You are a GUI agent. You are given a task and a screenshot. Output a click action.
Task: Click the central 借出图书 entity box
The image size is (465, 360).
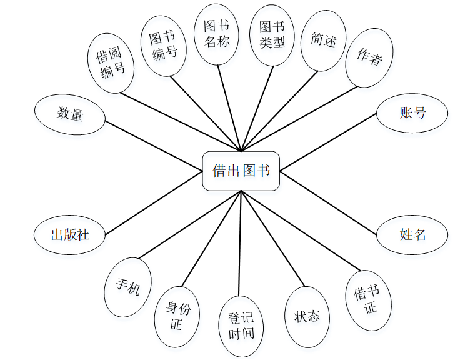241,171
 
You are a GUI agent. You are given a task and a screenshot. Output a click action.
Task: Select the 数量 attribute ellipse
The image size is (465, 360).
70,114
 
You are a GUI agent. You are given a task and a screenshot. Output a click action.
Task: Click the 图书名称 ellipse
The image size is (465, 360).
217,34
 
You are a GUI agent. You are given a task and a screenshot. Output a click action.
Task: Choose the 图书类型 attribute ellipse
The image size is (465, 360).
272,34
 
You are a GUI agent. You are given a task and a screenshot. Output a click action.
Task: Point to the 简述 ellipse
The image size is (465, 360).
323,40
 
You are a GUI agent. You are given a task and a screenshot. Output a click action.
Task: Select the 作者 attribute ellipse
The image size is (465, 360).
369,57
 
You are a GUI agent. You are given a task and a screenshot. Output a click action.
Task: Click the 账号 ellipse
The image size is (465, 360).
412,113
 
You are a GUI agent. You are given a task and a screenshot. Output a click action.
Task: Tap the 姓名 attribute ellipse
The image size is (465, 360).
412,234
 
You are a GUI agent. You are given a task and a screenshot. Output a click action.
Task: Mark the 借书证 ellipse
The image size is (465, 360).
369,300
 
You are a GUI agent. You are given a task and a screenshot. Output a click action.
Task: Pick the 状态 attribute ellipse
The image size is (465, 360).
307,316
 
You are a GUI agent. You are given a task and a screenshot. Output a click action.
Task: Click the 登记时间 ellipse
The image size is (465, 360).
241,325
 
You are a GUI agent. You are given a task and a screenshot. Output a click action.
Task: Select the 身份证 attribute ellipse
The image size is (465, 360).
177,316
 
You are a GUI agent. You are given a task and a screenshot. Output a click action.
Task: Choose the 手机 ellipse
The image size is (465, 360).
128,287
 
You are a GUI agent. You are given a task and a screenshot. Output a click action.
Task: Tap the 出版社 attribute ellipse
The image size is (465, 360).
70,235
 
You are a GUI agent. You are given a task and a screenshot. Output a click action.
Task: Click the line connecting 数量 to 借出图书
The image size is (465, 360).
153,144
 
